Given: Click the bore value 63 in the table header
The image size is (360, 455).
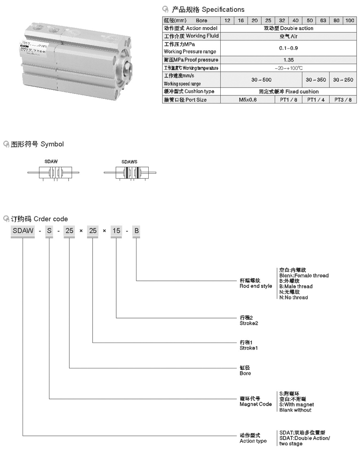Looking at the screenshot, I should click(x=323, y=21).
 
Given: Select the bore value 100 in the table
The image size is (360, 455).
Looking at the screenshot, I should click(x=350, y=21).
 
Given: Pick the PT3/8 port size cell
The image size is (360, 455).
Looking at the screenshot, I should click(x=343, y=100).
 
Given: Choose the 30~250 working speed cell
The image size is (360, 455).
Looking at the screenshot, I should click(x=343, y=80).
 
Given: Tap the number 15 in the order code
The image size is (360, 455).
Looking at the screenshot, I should click(x=116, y=231).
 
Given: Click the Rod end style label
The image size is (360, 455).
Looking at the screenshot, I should click(x=256, y=283).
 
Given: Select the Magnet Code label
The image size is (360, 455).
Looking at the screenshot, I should click(x=256, y=401).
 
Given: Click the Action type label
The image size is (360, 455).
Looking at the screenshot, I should click(x=253, y=438).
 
